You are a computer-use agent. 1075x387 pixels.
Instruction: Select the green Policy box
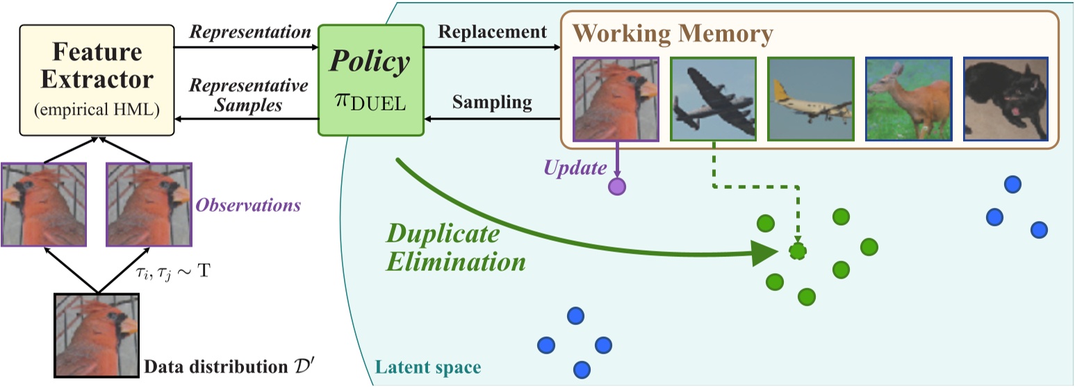pyautogui.click(x=370, y=80)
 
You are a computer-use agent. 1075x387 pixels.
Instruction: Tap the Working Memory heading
pyautogui.click(x=673, y=33)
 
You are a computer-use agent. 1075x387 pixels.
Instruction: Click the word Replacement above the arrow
pyautogui.click(x=492, y=31)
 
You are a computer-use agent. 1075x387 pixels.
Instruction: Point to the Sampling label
pyautogui.click(x=492, y=103)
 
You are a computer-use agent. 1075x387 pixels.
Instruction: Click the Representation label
pyautogui.click(x=250, y=31)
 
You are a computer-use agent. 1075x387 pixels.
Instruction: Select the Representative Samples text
pyautogui.click(x=249, y=96)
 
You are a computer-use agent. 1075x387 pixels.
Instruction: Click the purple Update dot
pyautogui.click(x=616, y=186)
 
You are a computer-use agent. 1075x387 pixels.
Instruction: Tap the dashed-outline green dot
pyautogui.click(x=798, y=251)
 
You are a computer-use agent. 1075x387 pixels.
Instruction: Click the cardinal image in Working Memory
pyautogui.click(x=615, y=98)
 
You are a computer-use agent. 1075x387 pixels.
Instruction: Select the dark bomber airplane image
pyautogui.click(x=712, y=98)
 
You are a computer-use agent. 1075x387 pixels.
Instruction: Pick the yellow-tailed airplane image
pyautogui.click(x=810, y=98)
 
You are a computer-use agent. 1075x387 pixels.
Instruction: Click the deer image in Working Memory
pyautogui.click(x=908, y=98)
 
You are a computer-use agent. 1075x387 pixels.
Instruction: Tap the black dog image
pyautogui.click(x=1005, y=98)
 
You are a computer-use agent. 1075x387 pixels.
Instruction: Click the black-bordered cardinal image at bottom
pyautogui.click(x=97, y=334)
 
